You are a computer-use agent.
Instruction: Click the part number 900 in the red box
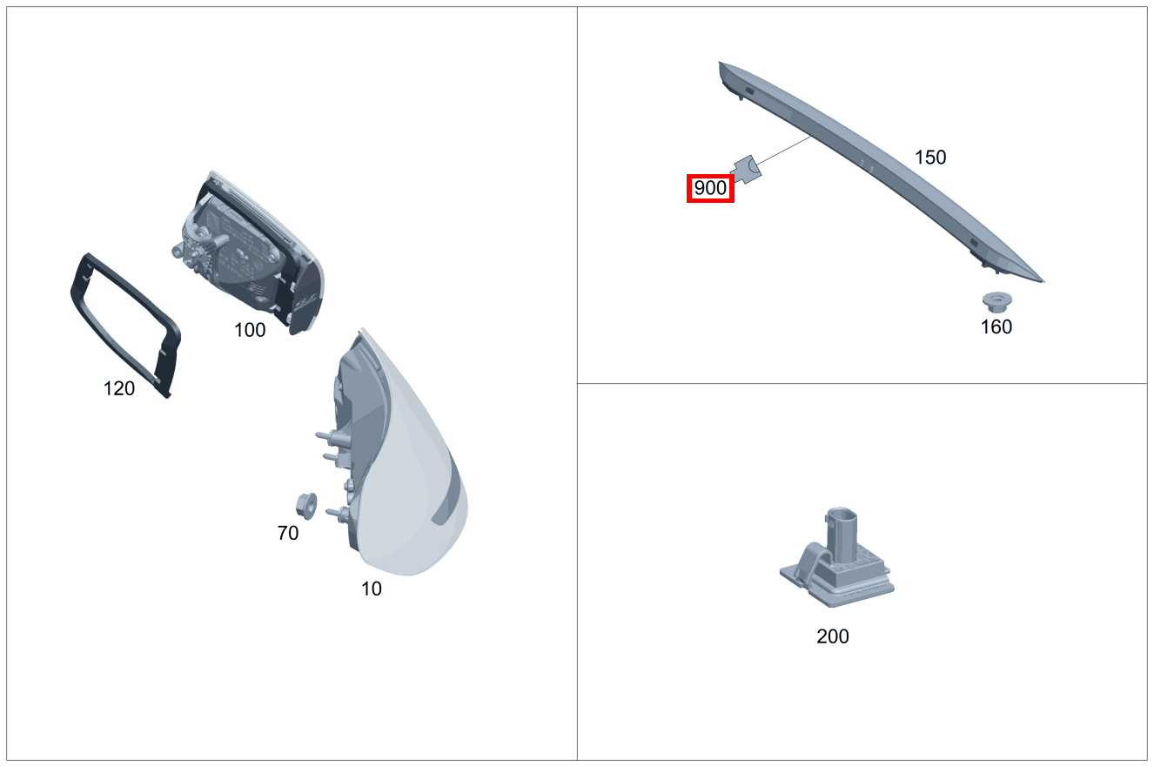click(x=710, y=188)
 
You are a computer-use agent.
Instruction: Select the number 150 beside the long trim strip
click(x=929, y=158)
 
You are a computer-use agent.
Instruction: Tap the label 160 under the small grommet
click(x=996, y=327)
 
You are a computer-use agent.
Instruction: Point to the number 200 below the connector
click(x=832, y=636)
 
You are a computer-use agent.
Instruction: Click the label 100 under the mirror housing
click(x=250, y=331)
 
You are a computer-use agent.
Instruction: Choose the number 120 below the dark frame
click(x=119, y=389)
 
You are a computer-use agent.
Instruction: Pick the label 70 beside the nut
click(x=287, y=534)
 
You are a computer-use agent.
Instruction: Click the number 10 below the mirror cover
click(x=372, y=589)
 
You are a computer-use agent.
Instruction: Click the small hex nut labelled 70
click(x=306, y=504)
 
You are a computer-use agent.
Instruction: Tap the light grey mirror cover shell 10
click(x=409, y=488)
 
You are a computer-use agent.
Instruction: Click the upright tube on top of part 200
click(x=842, y=531)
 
